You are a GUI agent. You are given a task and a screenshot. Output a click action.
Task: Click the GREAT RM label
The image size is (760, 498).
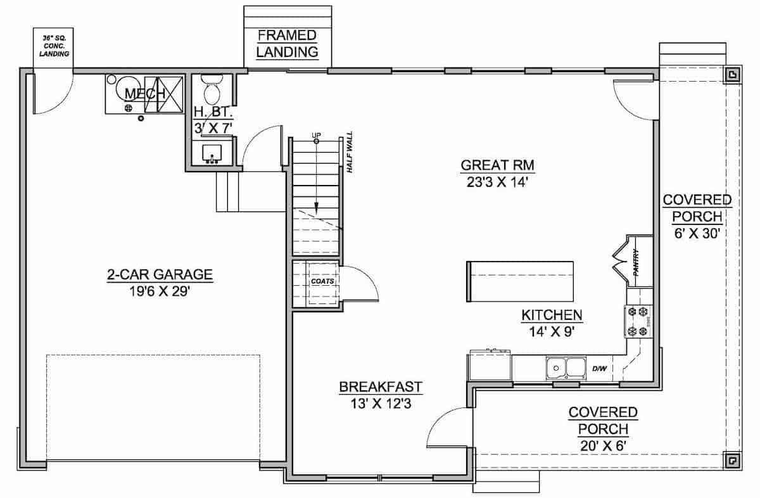pos(498,166)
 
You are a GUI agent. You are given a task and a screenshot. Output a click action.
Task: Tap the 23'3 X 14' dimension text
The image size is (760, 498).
pos(498,183)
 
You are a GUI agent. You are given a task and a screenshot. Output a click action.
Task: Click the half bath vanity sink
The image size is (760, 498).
pos(212,154)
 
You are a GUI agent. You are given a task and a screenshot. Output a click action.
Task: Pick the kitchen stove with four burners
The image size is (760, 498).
pos(638,321)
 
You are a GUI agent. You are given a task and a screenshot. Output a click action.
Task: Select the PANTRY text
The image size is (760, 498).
pos(635,262)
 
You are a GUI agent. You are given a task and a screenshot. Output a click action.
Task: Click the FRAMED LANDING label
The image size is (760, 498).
pos(287,44)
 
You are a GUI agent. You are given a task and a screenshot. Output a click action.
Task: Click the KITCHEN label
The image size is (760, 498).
pos(552,315)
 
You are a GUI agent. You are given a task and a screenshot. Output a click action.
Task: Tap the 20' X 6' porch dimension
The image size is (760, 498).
pos(602,445)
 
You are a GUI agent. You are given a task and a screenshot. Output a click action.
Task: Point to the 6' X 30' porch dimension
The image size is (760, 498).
pos(697,233)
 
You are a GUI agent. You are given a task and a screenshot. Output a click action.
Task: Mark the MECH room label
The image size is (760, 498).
pos(145,94)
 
